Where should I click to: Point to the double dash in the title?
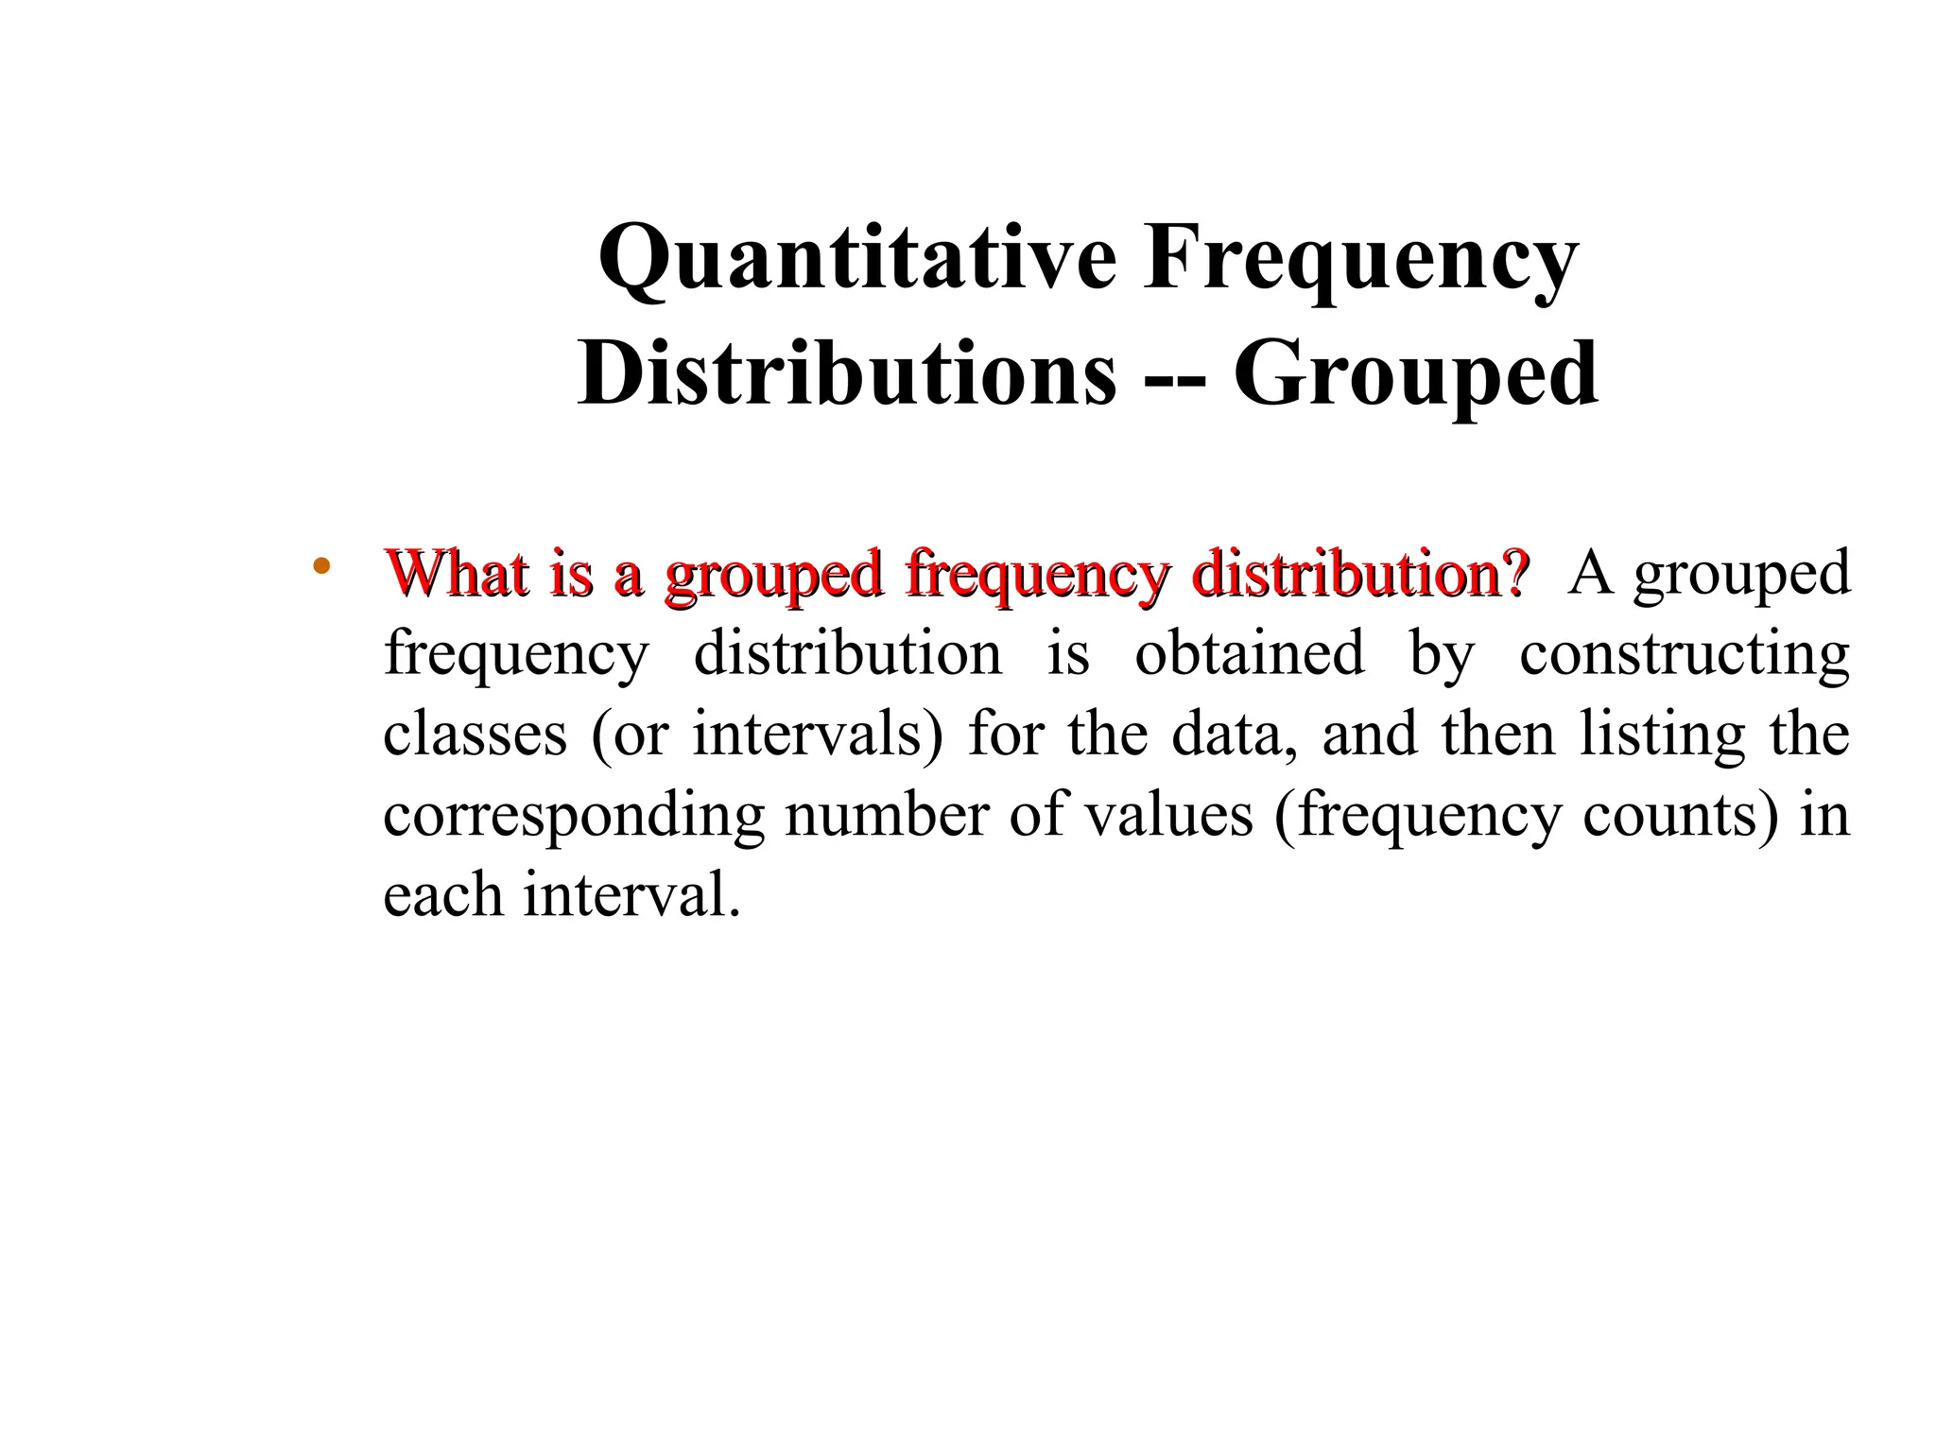tap(1174, 378)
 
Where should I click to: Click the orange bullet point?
tap(320, 567)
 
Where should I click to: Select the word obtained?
tap(1250, 653)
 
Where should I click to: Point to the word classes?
tap(475, 734)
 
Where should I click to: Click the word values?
tap(1167, 814)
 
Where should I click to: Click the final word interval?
tap(631, 894)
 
